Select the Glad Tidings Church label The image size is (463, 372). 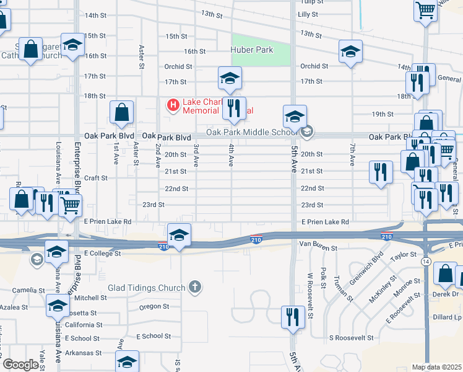[x=147, y=288]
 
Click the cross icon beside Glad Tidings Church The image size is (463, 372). [x=195, y=287]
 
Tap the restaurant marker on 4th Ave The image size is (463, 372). [x=234, y=108]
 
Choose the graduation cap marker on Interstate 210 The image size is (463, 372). [x=179, y=236]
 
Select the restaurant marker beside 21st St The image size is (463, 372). [x=381, y=172]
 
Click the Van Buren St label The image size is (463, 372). [x=318, y=247]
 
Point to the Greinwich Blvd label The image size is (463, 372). [x=370, y=267]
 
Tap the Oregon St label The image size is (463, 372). [x=154, y=306]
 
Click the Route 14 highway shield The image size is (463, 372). [x=427, y=262]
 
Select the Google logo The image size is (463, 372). [x=20, y=365]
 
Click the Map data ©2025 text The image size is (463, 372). [x=436, y=367]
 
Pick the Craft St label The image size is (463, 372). [x=96, y=178]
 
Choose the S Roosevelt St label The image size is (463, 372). [x=351, y=338]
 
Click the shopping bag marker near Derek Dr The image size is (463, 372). [x=446, y=273]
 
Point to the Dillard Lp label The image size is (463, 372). [x=448, y=317]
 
